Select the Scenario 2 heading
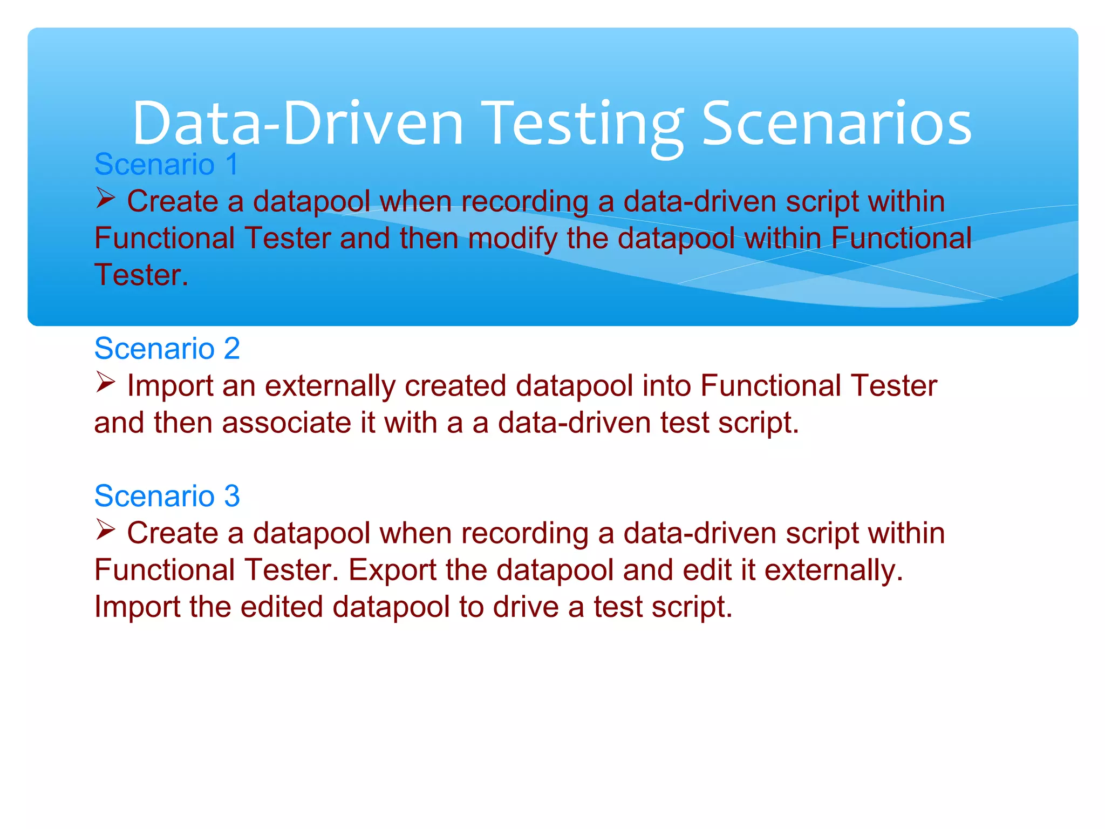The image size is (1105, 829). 167,348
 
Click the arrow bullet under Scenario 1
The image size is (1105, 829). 106,198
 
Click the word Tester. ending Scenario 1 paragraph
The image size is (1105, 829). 141,275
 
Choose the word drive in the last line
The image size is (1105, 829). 526,607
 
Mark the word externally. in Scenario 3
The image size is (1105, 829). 834,570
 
